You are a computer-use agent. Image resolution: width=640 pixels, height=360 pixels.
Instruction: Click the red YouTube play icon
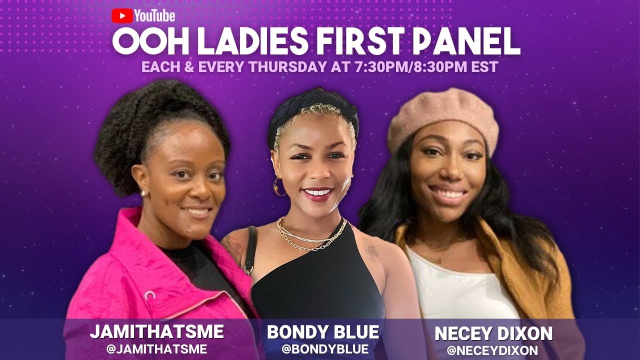[122, 16]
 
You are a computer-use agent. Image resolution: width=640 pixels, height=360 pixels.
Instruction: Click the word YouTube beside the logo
[154, 16]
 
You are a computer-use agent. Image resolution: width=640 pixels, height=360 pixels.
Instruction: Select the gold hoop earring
[278, 188]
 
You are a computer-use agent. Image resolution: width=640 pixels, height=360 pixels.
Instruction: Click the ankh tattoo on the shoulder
[371, 253]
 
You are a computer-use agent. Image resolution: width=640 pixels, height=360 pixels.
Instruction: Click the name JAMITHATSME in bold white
[156, 332]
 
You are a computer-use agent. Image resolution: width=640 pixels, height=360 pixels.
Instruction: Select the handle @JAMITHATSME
[156, 349]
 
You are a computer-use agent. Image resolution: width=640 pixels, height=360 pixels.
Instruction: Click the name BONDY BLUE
[323, 332]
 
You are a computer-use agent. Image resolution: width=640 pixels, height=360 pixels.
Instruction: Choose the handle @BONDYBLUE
[325, 349]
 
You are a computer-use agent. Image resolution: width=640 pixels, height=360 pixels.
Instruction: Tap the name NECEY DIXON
[493, 334]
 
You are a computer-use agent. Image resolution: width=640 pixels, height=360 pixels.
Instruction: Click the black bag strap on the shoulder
[250, 250]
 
